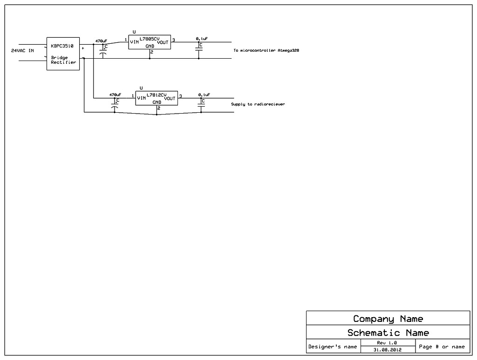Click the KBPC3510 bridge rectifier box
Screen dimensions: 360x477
tap(63, 54)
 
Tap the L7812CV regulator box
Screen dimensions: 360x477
tap(157, 98)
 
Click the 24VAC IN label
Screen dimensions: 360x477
tap(22, 50)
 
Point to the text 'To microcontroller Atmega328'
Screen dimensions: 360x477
tap(266, 50)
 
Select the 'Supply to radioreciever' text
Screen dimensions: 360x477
tap(258, 104)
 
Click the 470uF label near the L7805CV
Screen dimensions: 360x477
tap(101, 41)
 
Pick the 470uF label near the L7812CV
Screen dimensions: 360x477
tap(115, 95)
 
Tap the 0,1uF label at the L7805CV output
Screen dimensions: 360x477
tap(202, 38)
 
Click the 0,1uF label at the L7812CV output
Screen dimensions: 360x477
tap(204, 95)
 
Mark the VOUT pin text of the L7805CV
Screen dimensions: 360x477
tap(163, 42)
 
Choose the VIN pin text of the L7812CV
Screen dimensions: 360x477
tap(142, 98)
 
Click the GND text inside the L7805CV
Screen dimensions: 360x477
tap(150, 46)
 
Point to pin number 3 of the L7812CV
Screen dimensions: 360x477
tap(181, 96)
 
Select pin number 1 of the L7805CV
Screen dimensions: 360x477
tap(125, 40)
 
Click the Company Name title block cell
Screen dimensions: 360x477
tap(388, 319)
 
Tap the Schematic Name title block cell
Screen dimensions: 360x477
tap(388, 333)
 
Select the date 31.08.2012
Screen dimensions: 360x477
tap(388, 350)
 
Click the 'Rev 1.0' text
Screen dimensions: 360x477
tap(387, 343)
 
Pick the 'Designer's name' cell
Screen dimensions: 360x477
tap(333, 346)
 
